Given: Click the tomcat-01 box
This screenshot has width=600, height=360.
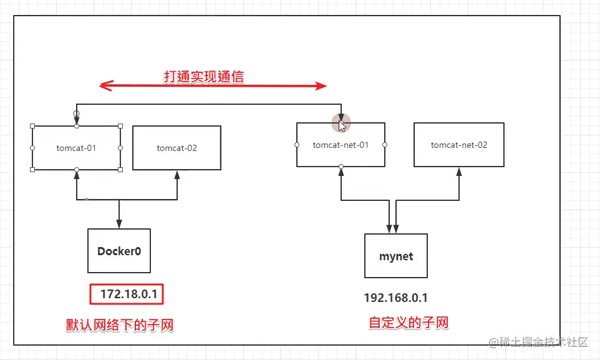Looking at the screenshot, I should (76, 148).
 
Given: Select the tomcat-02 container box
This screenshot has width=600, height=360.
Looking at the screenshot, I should (177, 148).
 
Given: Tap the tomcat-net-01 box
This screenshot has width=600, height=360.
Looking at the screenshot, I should (341, 145).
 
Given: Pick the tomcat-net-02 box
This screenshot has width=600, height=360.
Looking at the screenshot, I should (459, 145).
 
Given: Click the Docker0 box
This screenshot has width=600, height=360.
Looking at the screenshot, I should (119, 251).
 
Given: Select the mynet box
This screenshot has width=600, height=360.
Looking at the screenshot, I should (396, 256).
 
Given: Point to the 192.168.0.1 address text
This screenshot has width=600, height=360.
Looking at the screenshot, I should (395, 298).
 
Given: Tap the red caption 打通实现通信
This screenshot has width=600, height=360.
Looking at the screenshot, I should (204, 77).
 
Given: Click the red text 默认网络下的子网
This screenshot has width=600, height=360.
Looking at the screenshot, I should (120, 325).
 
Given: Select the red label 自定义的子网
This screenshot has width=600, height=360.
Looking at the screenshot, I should (409, 323).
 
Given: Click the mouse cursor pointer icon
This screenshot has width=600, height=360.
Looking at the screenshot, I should (342, 124).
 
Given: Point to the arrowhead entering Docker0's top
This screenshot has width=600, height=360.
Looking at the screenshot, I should (119, 224).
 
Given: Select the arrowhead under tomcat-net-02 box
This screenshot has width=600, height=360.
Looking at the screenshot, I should (459, 172).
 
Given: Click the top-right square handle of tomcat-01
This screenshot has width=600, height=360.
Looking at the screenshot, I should (120, 125).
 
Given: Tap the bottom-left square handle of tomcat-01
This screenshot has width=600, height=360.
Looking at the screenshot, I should (32, 170).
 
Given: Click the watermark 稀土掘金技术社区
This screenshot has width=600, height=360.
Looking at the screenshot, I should (543, 342).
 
